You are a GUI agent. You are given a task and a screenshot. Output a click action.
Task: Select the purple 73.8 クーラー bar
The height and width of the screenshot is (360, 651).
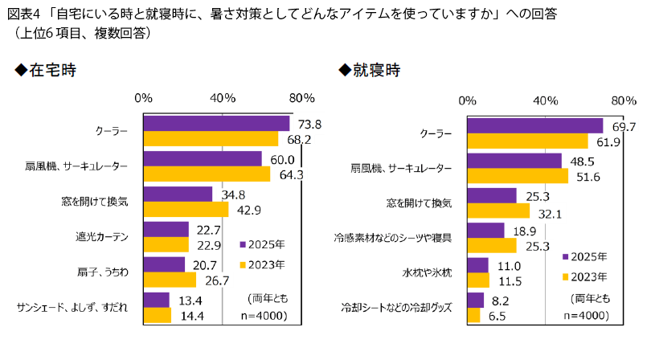click(x=216, y=123)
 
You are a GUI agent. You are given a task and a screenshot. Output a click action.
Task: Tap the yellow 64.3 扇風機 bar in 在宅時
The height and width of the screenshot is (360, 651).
click(x=207, y=174)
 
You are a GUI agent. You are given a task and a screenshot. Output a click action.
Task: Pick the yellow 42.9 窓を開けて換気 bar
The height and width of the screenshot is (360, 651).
click(x=186, y=209)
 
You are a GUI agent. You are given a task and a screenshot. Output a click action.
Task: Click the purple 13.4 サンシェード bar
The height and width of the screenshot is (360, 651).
click(x=157, y=300)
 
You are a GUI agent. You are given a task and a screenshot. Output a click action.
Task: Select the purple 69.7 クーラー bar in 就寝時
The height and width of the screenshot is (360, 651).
click(x=535, y=126)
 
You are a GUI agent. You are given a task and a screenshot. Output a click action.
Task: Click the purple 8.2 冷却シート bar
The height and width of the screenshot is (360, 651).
click(x=476, y=300)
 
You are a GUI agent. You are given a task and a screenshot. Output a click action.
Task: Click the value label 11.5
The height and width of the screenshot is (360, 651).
click(x=508, y=281)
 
